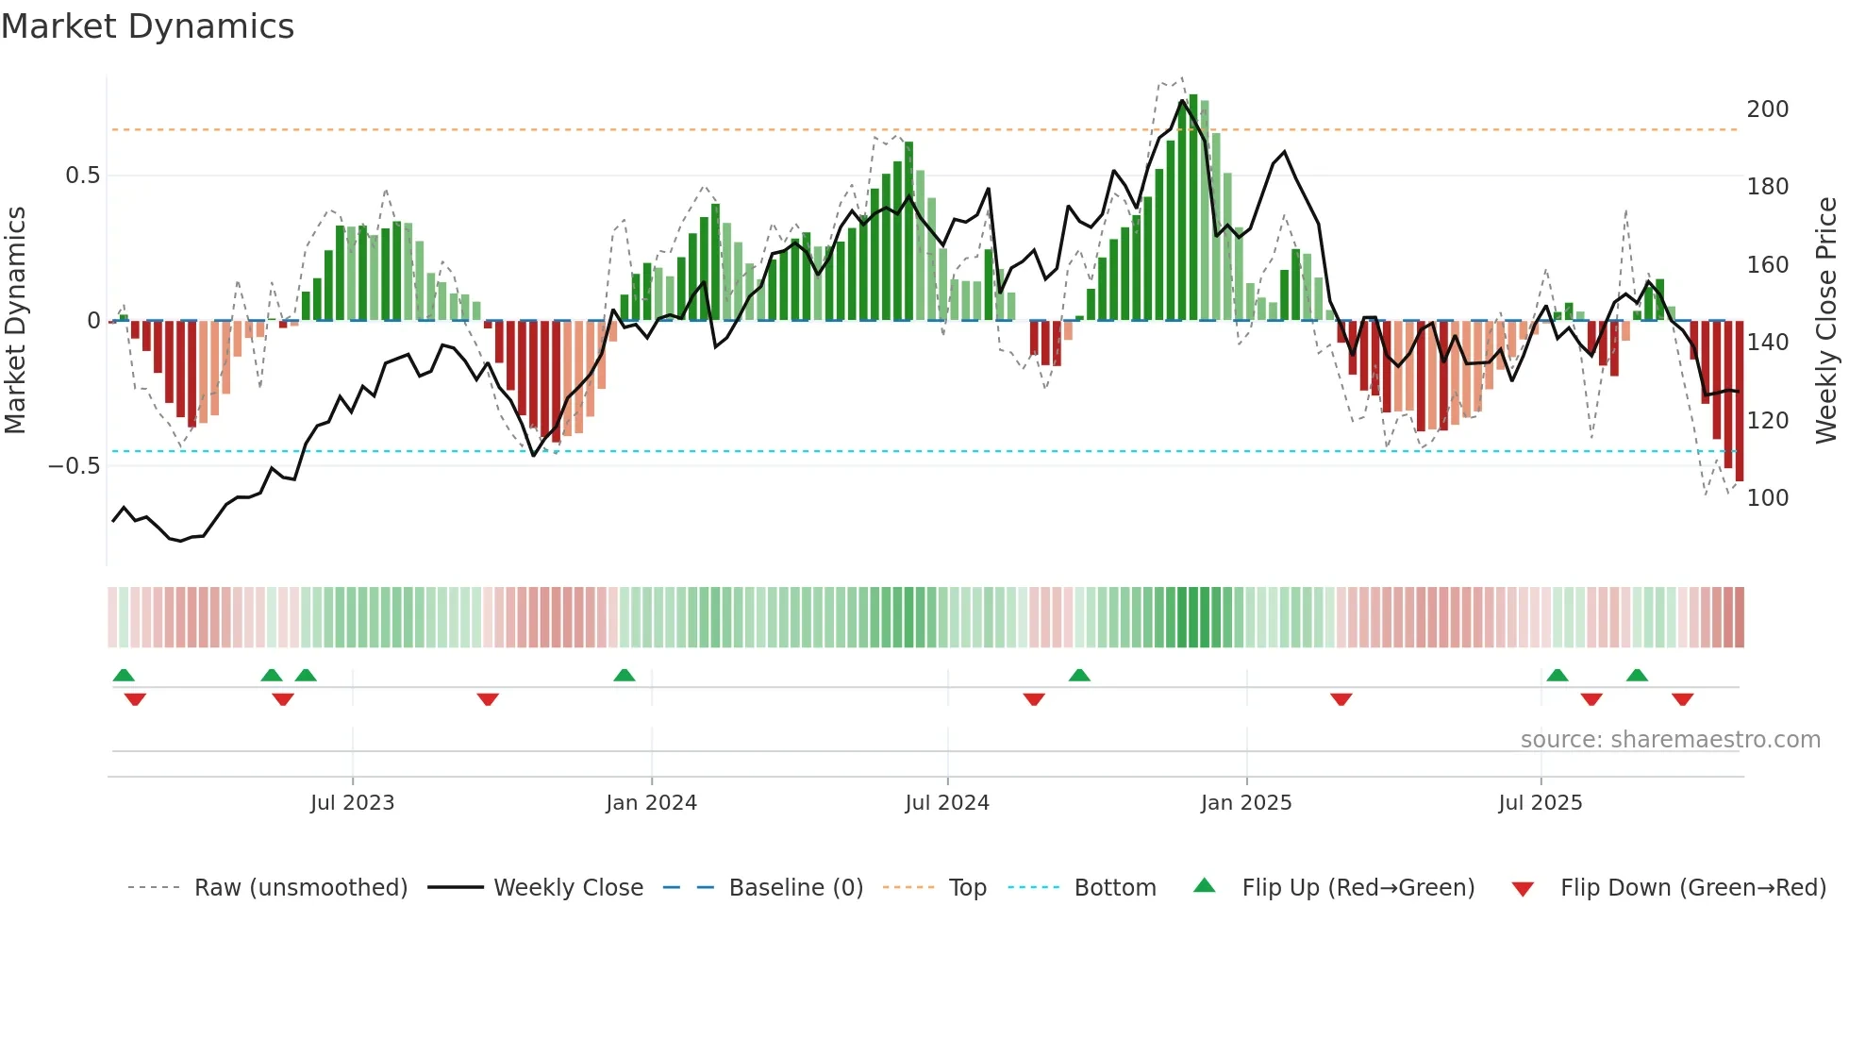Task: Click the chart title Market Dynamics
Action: [147, 26]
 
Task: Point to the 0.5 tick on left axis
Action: [82, 176]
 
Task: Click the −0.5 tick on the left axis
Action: [75, 466]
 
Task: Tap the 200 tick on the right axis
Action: [1767, 109]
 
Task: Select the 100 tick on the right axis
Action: [1767, 498]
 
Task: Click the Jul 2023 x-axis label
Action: [352, 803]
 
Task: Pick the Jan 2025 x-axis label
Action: [1245, 803]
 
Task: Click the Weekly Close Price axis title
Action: [1826, 321]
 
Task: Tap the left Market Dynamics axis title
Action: [15, 321]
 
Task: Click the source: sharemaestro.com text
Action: [1670, 740]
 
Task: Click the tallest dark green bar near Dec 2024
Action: [1193, 208]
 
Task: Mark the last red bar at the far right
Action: [1739, 401]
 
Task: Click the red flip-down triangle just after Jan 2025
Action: [1341, 699]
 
